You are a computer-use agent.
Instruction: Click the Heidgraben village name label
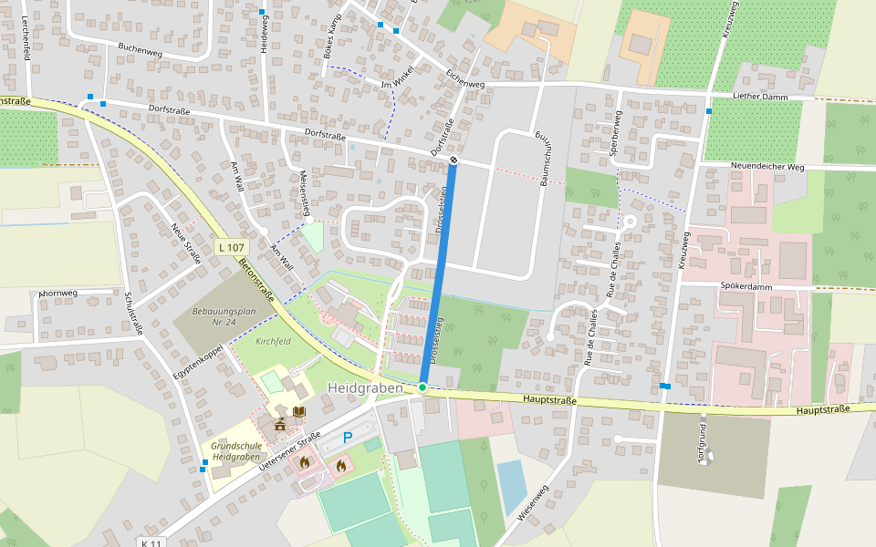(x=365, y=387)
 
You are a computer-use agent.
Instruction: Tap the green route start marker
(x=422, y=388)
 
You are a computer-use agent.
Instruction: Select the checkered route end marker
(x=454, y=160)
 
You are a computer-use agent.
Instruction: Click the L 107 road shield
(x=232, y=248)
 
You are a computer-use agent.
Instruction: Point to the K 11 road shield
(x=151, y=542)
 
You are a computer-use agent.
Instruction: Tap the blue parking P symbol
(x=348, y=438)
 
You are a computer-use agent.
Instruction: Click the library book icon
(x=299, y=412)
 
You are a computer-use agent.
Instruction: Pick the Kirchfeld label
(x=273, y=342)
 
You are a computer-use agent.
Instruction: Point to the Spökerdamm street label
(x=746, y=285)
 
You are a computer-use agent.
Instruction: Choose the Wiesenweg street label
(x=533, y=502)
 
